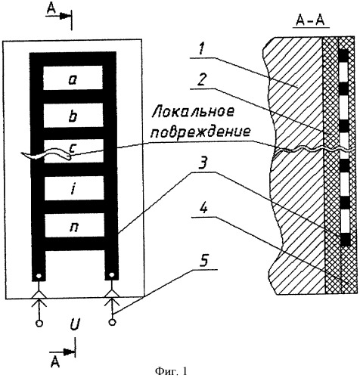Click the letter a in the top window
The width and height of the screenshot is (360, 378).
(x=73, y=79)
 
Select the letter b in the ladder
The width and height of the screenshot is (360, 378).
(x=73, y=116)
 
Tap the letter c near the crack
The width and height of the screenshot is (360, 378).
(x=72, y=149)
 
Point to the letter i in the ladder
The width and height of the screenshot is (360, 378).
(x=73, y=189)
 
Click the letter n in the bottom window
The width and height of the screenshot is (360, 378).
(x=74, y=227)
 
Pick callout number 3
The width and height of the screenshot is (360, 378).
(x=202, y=164)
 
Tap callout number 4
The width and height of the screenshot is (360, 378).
(x=203, y=209)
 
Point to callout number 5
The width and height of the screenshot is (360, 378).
(x=204, y=262)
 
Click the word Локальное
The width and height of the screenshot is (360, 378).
(x=193, y=112)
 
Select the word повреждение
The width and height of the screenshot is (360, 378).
(x=200, y=132)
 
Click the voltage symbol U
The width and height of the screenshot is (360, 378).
(x=75, y=325)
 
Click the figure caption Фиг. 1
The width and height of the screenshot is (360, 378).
(x=171, y=370)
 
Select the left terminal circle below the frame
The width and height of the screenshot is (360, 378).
(x=39, y=324)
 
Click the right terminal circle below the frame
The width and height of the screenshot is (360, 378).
(x=112, y=322)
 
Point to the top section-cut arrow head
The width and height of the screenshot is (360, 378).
(x=66, y=16)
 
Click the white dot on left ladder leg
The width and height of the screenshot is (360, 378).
(x=39, y=276)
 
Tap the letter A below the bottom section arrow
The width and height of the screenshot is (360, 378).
(x=55, y=363)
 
